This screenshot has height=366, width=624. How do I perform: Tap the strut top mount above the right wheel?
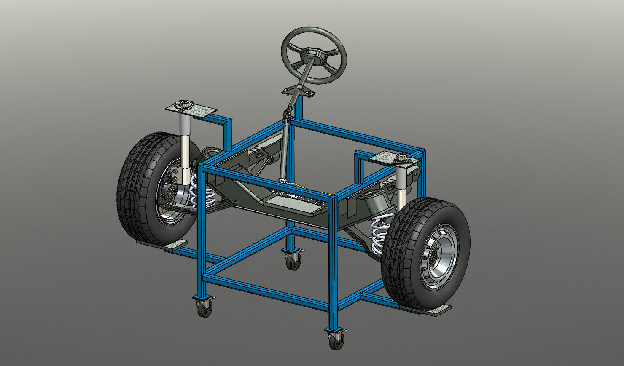pos(401,160)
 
